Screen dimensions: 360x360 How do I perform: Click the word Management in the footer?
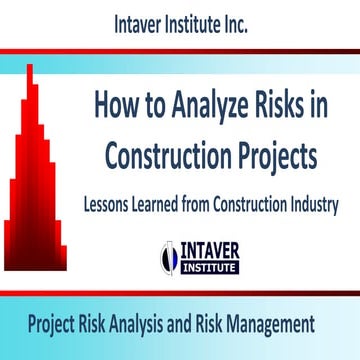[x=268, y=324]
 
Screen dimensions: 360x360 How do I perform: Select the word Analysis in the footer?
[x=135, y=324]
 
